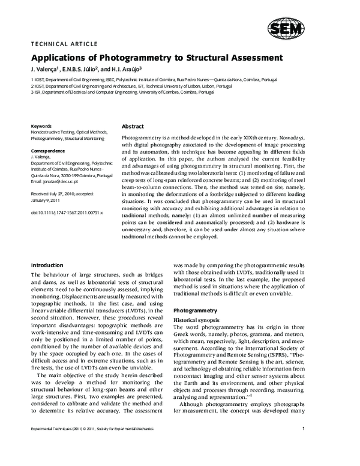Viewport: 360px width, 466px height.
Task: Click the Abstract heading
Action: point(133,127)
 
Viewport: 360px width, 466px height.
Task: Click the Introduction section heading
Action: point(47,265)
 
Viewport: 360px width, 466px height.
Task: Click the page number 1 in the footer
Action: point(304,445)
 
